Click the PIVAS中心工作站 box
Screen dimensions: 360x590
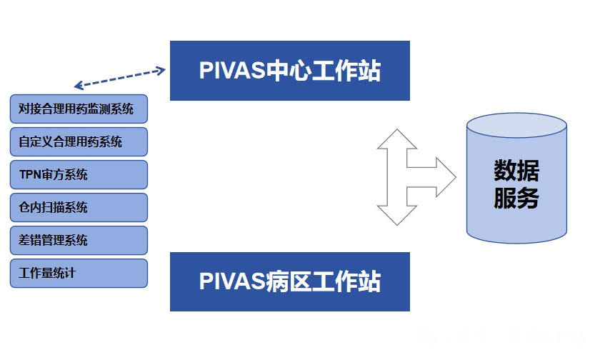(x=289, y=71)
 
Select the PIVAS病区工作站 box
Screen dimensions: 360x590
(x=289, y=281)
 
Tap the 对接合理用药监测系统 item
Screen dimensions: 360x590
(x=79, y=109)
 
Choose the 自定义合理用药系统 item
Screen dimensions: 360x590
(x=79, y=141)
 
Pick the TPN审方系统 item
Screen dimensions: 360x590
(x=79, y=174)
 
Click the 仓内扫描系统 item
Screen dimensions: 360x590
(x=79, y=207)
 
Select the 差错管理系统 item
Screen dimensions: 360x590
(x=79, y=240)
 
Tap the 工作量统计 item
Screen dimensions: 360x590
(x=79, y=273)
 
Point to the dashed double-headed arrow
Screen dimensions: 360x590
(x=120, y=78)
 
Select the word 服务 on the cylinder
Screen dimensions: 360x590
(x=516, y=199)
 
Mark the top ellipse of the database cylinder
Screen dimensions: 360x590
(x=516, y=126)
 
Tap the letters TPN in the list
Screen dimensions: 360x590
(x=30, y=174)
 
